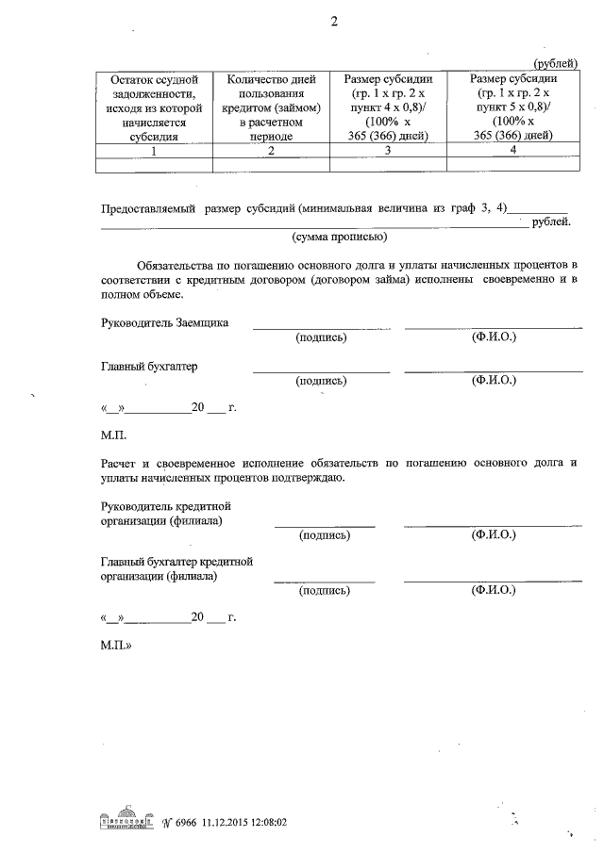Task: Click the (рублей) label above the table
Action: pos(555,62)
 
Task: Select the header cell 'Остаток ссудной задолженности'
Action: pos(156,107)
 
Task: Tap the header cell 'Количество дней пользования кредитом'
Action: pos(271,107)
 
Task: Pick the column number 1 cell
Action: pos(156,150)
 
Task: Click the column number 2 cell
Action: pos(271,150)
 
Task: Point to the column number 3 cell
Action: pos(388,150)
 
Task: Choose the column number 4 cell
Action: pos(511,150)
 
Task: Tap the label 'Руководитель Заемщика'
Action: pos(164,323)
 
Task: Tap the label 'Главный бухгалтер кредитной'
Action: pos(177,563)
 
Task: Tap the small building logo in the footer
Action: pos(126,820)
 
